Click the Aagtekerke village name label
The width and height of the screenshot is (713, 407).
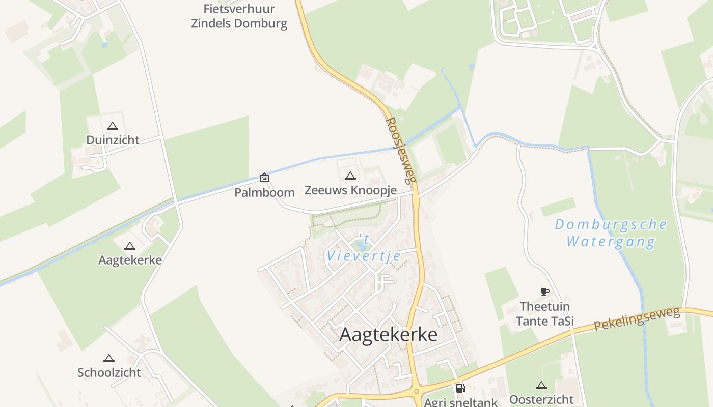[388, 335]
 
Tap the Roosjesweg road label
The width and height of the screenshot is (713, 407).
[401, 151]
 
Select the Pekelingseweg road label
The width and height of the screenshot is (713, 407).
[637, 319]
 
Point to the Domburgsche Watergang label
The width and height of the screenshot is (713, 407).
[610, 232]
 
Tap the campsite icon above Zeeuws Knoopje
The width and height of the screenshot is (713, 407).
[350, 176]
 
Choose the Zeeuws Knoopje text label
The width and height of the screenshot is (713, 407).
[350, 190]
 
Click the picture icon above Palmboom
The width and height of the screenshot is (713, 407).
[264, 178]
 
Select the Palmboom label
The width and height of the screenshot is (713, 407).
[264, 192]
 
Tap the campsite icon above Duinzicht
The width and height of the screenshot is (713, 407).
[113, 126]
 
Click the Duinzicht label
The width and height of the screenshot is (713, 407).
[113, 140]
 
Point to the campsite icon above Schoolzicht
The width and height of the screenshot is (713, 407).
[109, 359]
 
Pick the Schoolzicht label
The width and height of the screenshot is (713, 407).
[109, 372]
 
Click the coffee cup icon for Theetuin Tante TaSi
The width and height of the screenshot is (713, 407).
[544, 292]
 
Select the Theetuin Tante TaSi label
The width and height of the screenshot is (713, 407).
[545, 314]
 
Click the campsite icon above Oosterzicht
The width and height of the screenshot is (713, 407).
[541, 386]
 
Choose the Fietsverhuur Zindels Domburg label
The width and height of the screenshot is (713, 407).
[239, 16]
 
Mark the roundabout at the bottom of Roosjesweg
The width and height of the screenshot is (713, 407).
[417, 392]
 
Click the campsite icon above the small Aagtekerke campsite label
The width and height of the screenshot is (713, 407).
[130, 246]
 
